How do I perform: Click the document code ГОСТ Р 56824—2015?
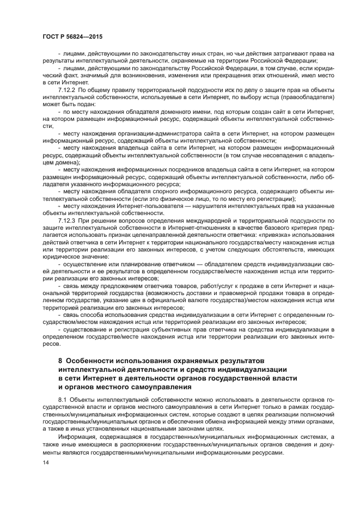click(72, 36)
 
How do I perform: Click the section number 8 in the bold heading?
click(60, 360)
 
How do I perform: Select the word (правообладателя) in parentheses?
click(307, 96)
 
